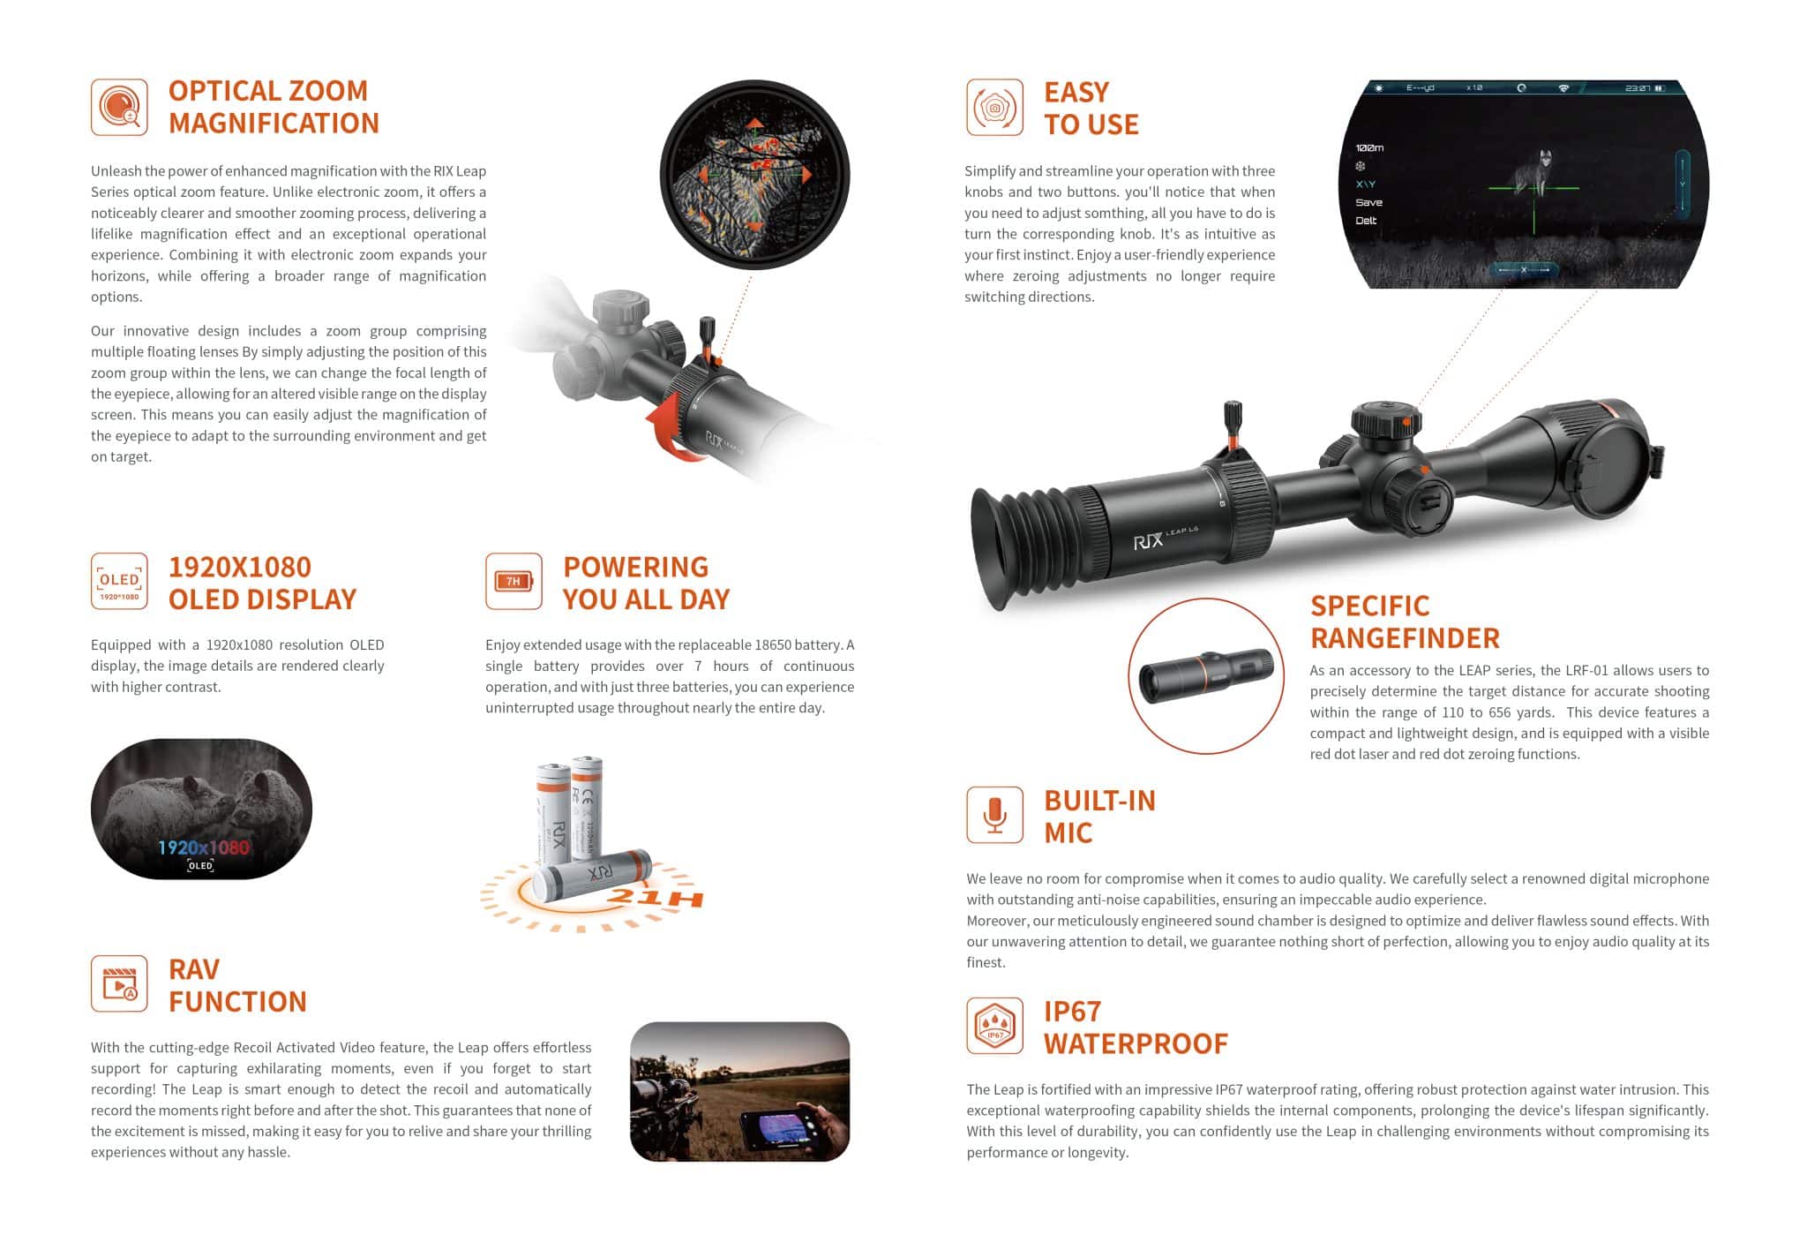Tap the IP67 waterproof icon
[994, 1025]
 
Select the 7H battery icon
[514, 581]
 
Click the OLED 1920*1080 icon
[119, 581]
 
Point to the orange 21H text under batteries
[656, 899]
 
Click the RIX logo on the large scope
[1148, 540]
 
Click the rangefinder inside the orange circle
[1206, 675]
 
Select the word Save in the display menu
[1368, 202]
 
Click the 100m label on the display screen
[1368, 147]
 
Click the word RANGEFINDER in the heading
[1405, 637]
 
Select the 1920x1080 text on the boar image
[203, 847]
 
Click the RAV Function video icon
[119, 983]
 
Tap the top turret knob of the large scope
[1385, 418]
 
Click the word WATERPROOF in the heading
[1136, 1043]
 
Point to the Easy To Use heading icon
[994, 107]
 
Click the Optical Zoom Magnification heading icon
[119, 107]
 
